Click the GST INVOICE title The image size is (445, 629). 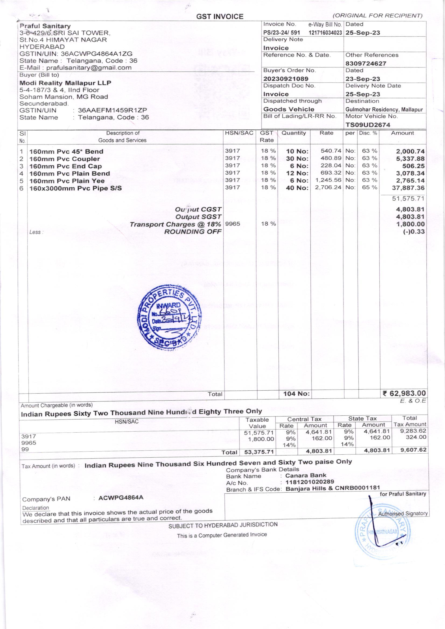220,17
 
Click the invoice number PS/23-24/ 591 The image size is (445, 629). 281,33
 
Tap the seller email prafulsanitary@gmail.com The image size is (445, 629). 89,68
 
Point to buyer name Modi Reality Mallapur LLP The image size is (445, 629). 65,83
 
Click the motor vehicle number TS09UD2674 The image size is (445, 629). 367,125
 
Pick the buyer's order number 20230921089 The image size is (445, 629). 286,79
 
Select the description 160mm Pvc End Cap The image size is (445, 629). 65,166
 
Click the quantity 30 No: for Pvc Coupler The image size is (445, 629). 297,159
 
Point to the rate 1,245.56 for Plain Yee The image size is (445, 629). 328,180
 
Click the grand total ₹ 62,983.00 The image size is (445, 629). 404,394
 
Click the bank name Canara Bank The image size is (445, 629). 306,475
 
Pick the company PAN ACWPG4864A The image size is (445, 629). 121,498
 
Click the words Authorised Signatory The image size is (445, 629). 403,514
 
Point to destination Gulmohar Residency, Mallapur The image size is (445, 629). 384,110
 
